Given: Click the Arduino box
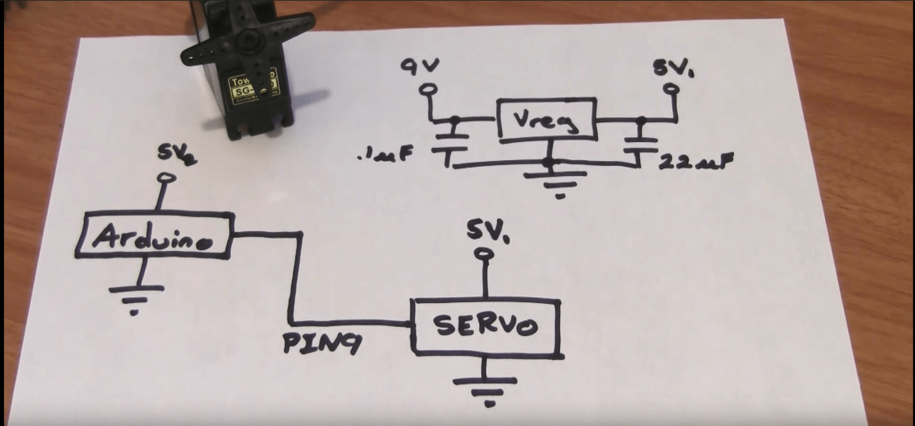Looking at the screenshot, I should point(154,235).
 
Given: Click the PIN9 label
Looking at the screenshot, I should point(321,344).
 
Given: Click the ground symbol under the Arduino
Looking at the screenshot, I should point(135,298).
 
